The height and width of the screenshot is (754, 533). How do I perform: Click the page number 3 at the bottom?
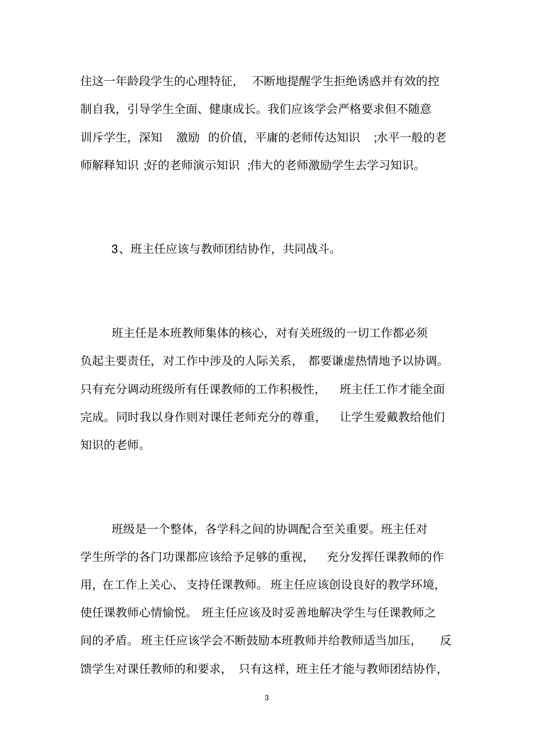[x=266, y=698]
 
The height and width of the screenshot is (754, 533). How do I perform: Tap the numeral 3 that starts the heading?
[x=116, y=249]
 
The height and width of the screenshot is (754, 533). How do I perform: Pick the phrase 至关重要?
[x=345, y=530]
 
